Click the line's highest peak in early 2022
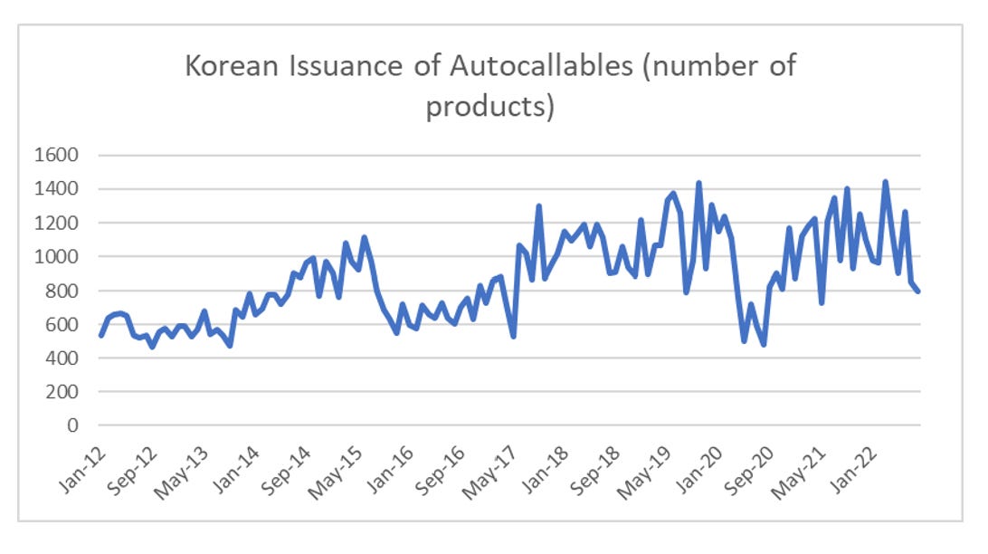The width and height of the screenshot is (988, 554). coord(885,182)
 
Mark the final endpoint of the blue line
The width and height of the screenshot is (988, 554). coord(918,291)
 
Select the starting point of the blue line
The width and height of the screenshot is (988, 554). coord(100,336)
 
